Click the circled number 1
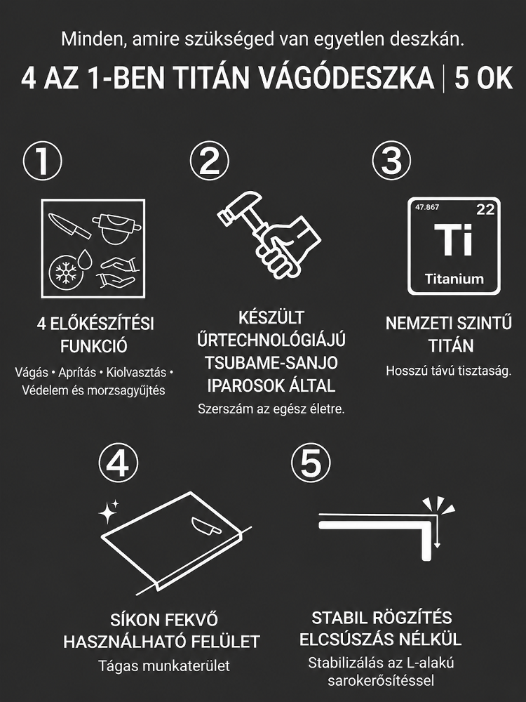[x=43, y=161]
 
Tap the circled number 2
[x=209, y=161]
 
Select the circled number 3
[x=391, y=161]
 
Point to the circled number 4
[x=119, y=463]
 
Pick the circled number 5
[x=311, y=463]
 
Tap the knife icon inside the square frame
[x=69, y=225]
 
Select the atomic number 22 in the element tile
[x=485, y=208]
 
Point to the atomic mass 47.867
[x=427, y=207]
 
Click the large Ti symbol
[x=453, y=239]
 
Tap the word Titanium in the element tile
[x=454, y=279]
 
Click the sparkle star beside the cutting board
[x=108, y=512]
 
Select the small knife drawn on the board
[x=205, y=525]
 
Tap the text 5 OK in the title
[x=483, y=79]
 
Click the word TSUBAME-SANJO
[x=271, y=363]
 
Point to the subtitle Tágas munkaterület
[x=163, y=665]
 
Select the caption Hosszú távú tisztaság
[x=448, y=371]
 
